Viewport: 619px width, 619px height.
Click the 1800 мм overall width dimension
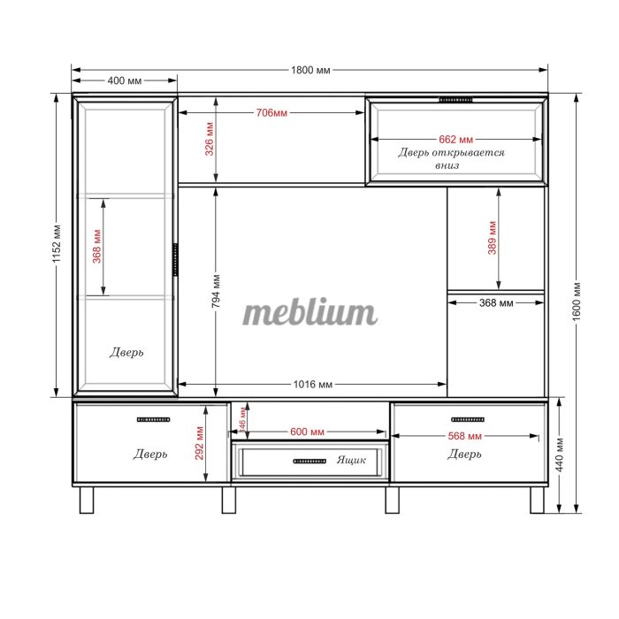310,70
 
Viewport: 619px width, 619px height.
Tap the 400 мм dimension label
125,80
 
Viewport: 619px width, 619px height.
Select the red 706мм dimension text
271,113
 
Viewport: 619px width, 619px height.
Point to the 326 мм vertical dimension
210,139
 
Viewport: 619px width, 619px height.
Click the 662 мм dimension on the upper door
455,140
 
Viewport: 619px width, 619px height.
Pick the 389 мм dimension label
492,238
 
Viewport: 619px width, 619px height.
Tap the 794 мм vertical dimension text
216,291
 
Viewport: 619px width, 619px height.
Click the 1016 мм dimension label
313,385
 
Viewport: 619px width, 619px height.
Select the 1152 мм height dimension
57,244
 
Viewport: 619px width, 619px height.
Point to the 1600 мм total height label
577,302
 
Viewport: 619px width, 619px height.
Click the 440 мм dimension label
560,455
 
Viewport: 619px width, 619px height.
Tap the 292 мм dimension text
199,443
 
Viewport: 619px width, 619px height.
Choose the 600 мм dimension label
307,432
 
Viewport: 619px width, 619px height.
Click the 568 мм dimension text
464,436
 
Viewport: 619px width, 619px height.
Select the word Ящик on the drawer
351,461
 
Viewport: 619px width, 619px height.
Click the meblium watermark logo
310,313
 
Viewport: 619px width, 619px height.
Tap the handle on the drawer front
309,461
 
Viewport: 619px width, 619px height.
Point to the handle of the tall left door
175,259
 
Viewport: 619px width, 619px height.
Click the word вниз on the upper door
447,165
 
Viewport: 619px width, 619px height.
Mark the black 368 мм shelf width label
496,303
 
